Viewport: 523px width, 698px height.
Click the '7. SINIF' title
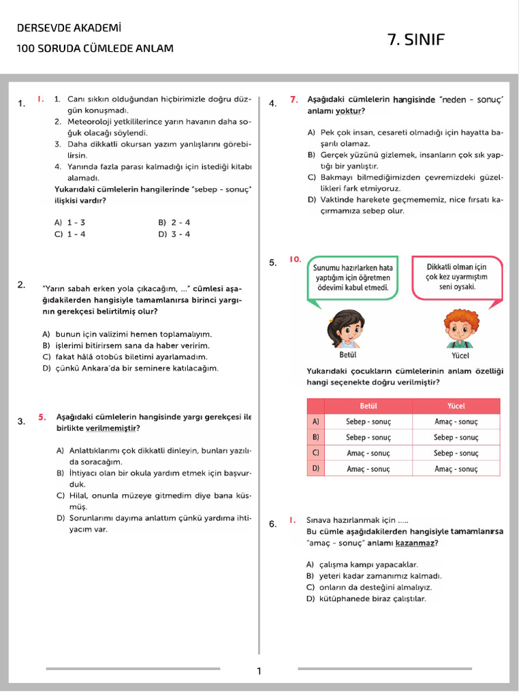415,40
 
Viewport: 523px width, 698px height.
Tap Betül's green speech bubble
353,277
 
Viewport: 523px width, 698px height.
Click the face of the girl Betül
347,330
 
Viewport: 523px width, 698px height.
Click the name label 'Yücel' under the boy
460,355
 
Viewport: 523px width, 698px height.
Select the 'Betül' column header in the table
368,406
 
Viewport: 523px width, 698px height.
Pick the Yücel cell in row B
456,437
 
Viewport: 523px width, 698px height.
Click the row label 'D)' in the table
315,468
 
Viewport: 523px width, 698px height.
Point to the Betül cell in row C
368,453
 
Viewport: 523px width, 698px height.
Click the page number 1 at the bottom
259,671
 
